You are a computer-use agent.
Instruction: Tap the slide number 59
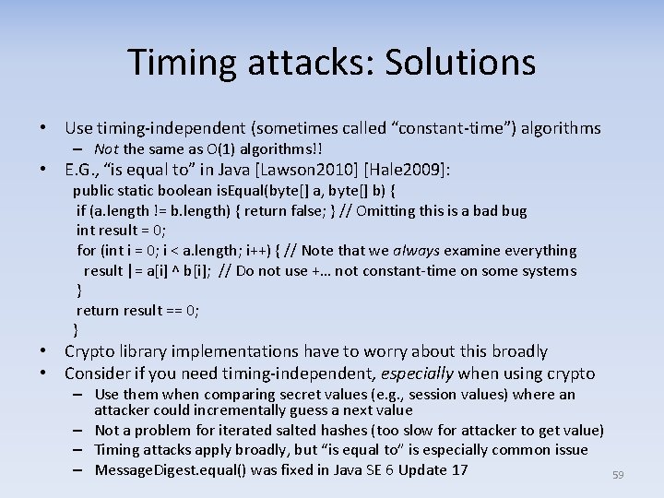pos(618,475)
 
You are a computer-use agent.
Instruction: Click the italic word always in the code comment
pos(418,250)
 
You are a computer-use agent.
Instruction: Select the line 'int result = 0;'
pos(121,231)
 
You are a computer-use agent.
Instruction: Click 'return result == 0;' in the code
pos(137,310)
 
